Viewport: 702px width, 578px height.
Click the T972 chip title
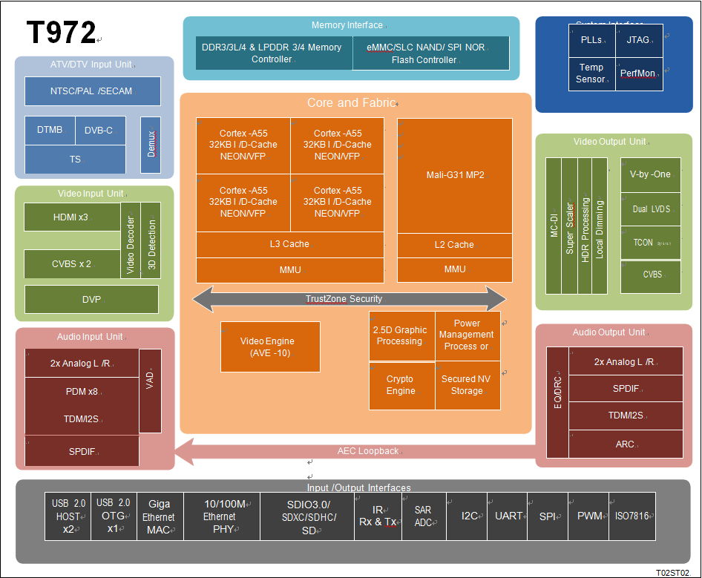(x=61, y=33)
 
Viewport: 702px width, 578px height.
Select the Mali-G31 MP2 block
(x=455, y=175)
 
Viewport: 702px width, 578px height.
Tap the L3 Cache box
(x=290, y=244)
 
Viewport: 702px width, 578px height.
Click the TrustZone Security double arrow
(x=349, y=299)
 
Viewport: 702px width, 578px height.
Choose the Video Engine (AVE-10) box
(x=270, y=347)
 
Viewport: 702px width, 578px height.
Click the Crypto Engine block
(x=401, y=385)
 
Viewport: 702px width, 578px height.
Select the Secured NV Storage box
(x=467, y=385)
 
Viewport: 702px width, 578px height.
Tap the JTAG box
(x=638, y=40)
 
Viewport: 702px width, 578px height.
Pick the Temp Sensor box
(x=591, y=73)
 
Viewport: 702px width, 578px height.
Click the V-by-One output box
(x=650, y=174)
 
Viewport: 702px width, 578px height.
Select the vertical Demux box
(x=151, y=145)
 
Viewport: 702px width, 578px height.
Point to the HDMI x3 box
(x=72, y=217)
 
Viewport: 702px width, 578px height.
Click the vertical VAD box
(x=150, y=390)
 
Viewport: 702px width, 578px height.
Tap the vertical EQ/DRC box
(x=557, y=402)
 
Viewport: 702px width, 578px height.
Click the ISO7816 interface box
(x=632, y=516)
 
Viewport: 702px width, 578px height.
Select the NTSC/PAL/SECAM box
(x=92, y=91)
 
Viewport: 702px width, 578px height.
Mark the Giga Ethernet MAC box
(x=159, y=516)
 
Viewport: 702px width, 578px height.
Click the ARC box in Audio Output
(x=625, y=444)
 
